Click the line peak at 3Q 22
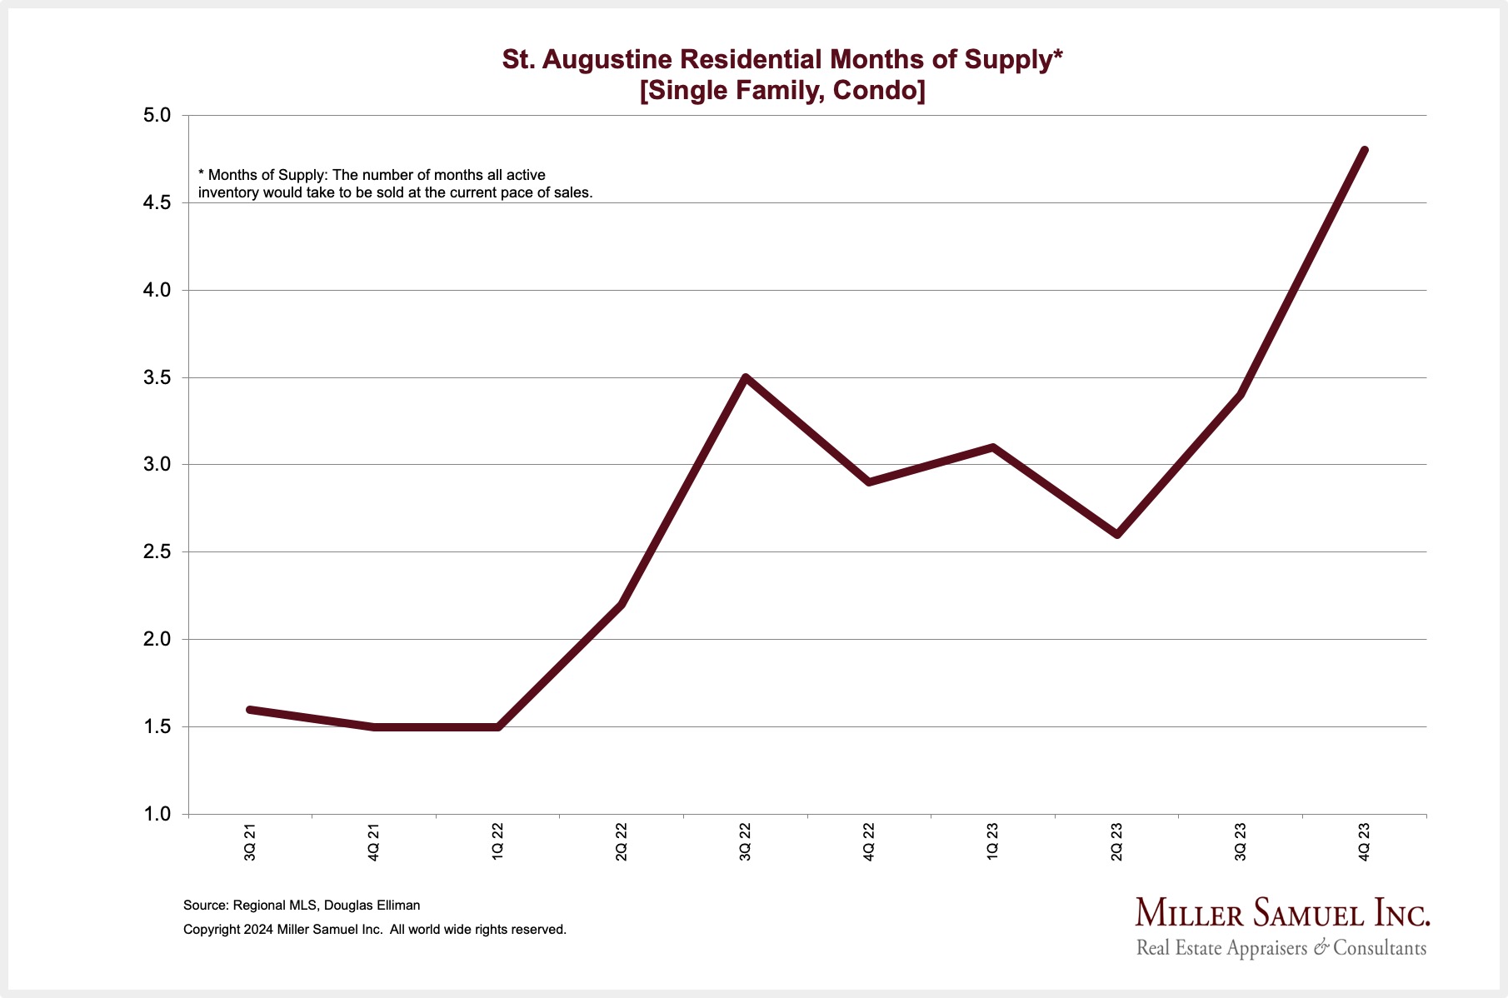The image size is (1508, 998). click(746, 377)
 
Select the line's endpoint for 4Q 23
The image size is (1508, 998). click(1364, 151)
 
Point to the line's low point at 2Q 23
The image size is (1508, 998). click(1116, 534)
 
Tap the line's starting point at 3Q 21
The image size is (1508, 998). click(250, 710)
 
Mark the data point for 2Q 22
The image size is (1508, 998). click(622, 605)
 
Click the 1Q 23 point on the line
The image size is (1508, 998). click(993, 447)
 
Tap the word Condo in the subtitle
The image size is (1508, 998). click(878, 90)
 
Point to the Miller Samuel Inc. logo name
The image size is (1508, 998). click(1282, 914)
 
